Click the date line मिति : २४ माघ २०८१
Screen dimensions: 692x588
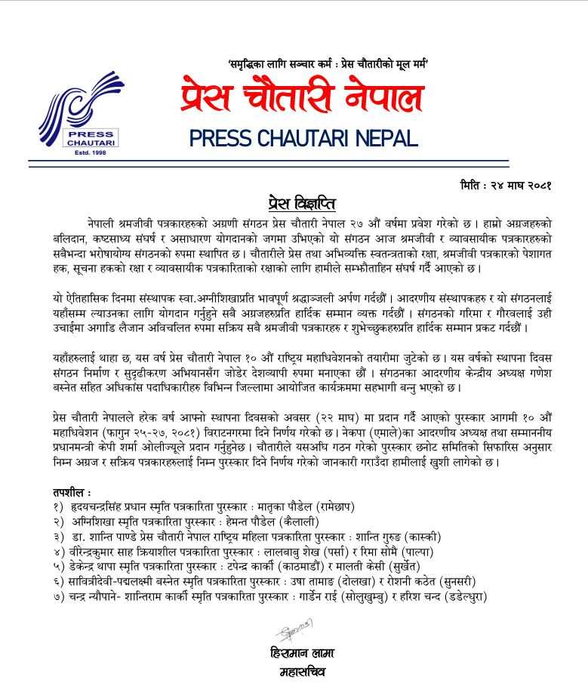pyautogui.click(x=505, y=185)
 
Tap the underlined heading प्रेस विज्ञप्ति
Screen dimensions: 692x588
pyautogui.click(x=301, y=204)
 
